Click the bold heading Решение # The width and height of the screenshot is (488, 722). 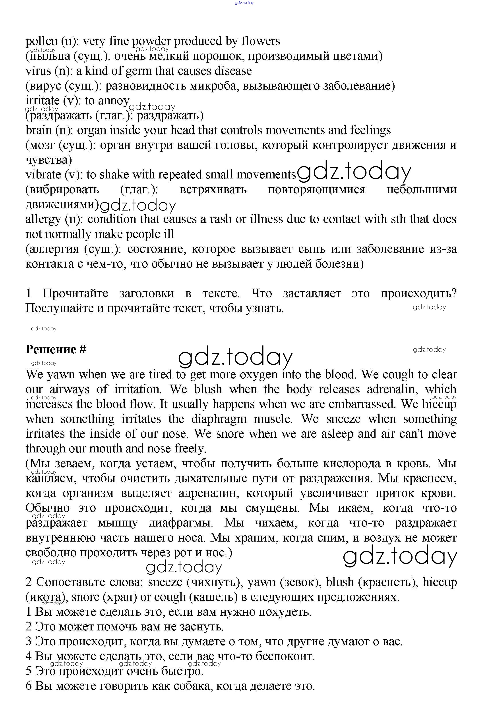(x=56, y=350)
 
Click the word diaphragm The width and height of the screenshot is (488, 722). (x=219, y=419)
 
